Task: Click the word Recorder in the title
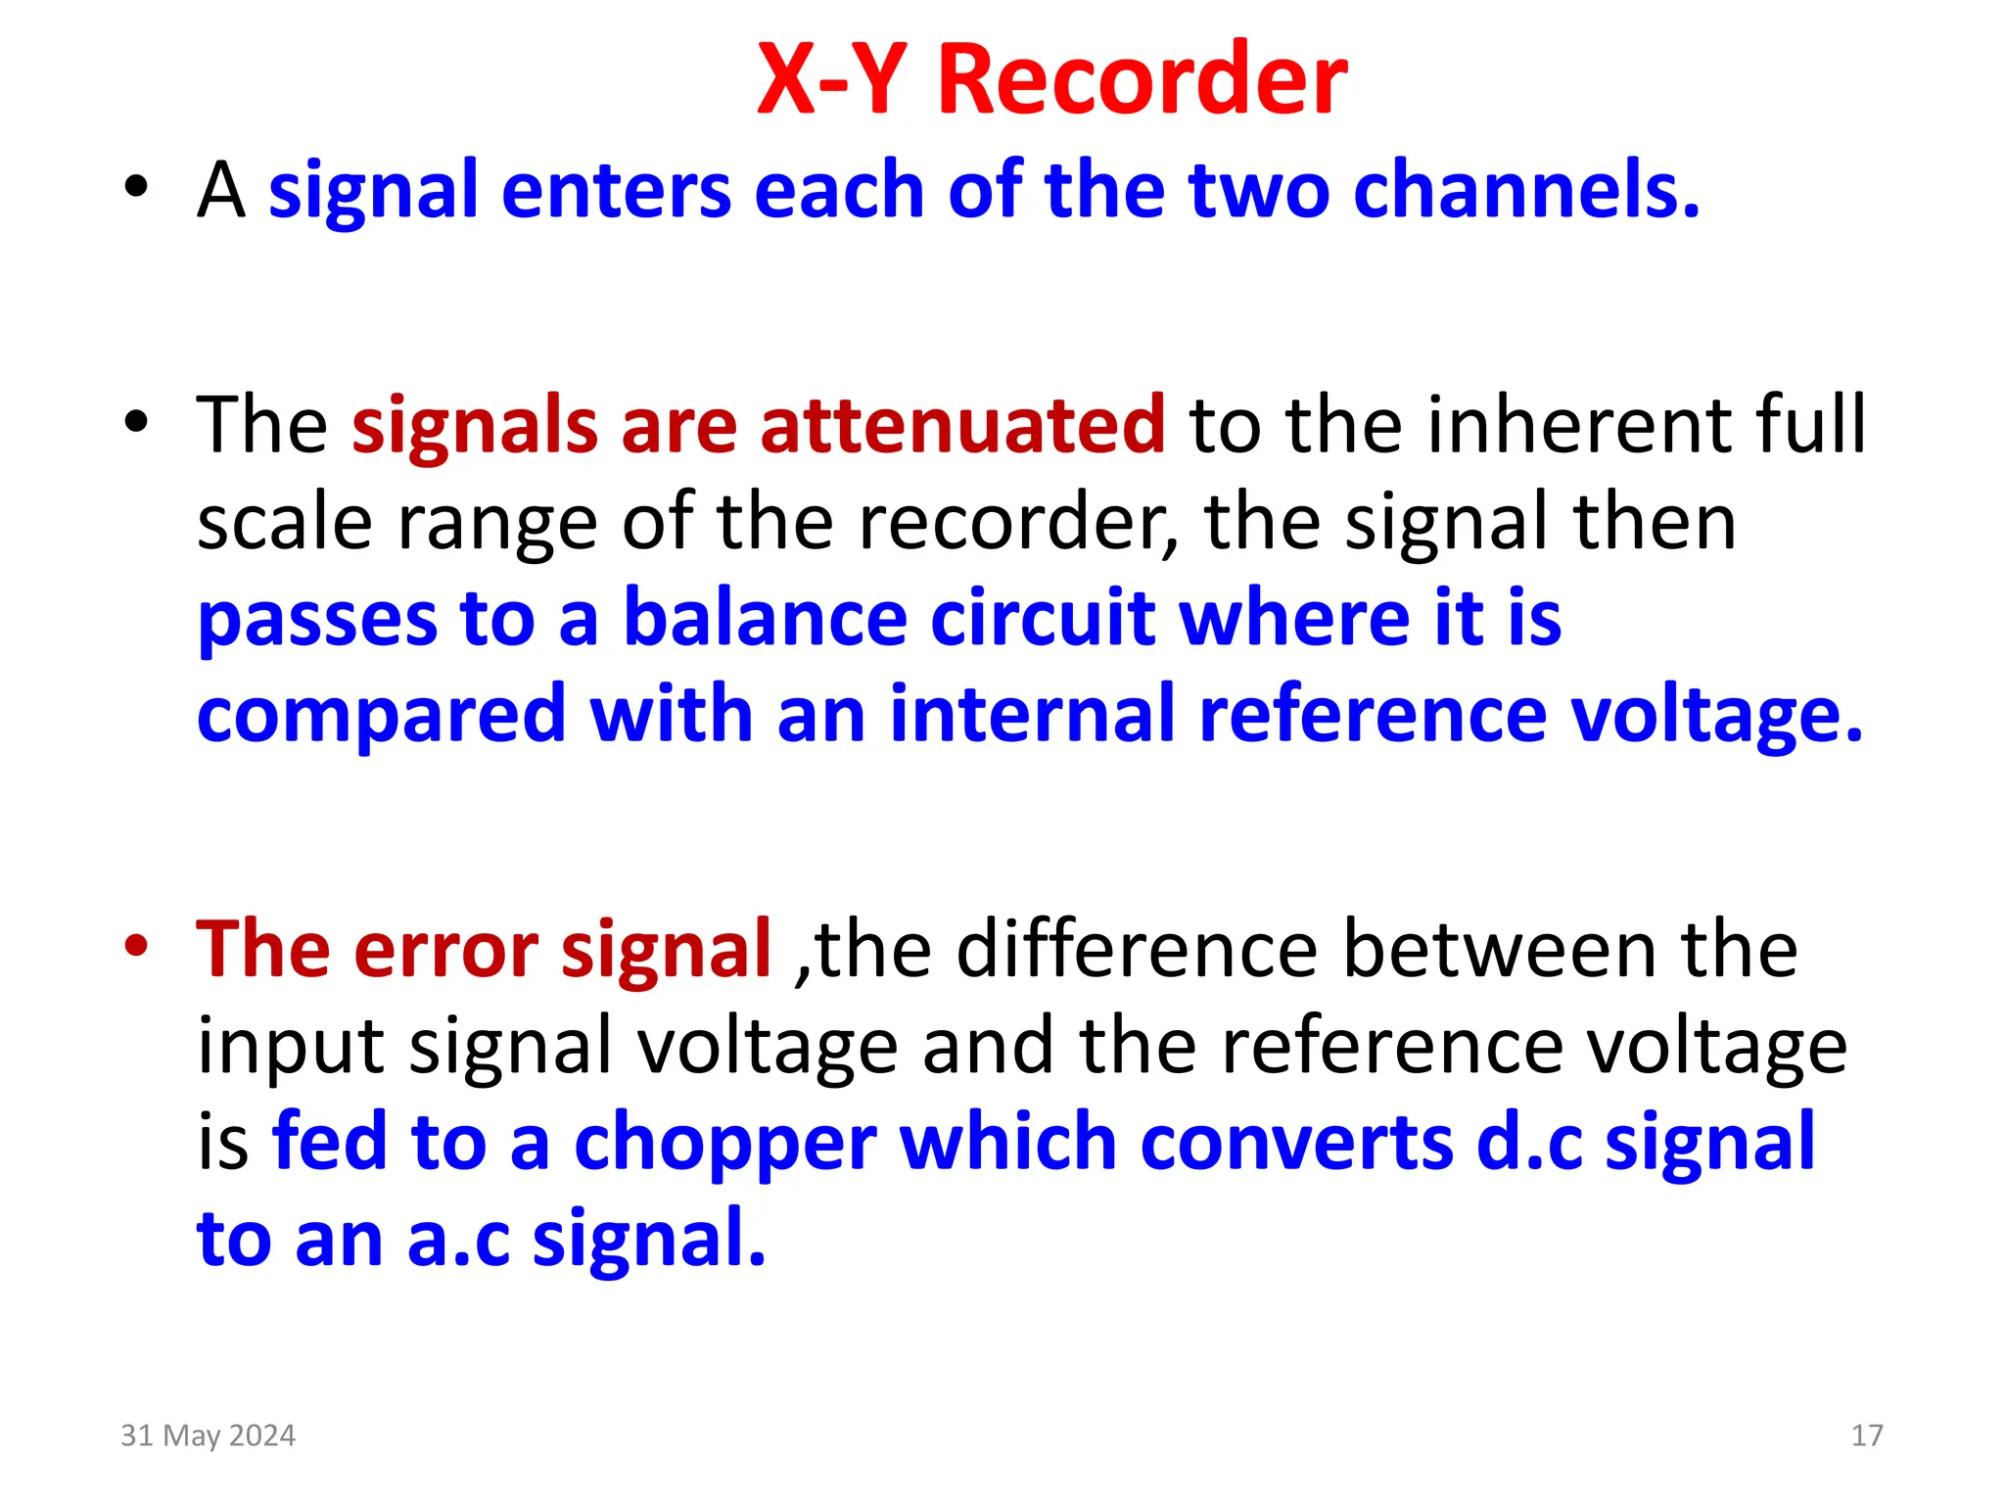tap(1142, 80)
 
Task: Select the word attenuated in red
tap(962, 425)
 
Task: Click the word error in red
tap(445, 950)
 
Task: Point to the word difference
tap(1136, 949)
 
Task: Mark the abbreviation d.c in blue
tap(1528, 1143)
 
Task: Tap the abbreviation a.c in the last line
tap(458, 1240)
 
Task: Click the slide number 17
tap(1866, 1435)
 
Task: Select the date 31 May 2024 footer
tap(208, 1435)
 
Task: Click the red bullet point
tap(136, 947)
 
